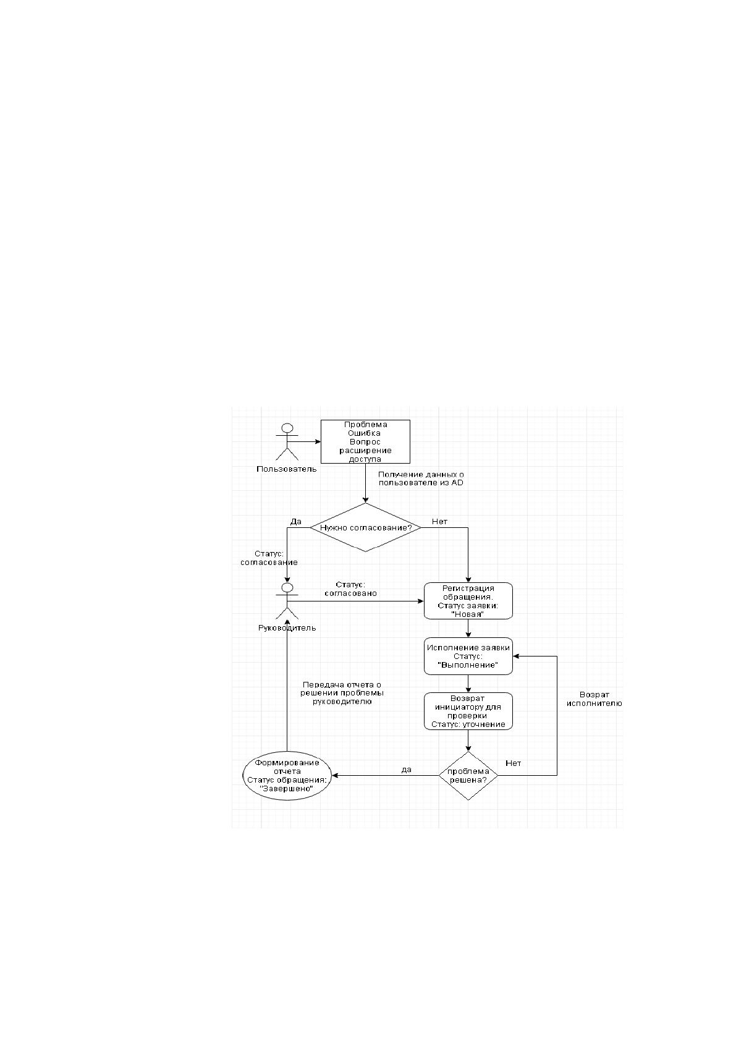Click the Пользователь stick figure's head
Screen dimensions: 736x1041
tap(287, 428)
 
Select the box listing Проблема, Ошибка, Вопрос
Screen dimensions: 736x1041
tap(365, 441)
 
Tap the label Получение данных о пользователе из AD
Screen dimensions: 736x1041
tap(421, 478)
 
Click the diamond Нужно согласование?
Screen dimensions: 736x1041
tap(366, 527)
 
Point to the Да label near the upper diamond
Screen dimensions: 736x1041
tap(295, 522)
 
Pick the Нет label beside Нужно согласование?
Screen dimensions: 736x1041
tap(439, 522)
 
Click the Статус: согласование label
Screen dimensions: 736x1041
tap(269, 558)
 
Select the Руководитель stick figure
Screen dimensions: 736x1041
tap(287, 601)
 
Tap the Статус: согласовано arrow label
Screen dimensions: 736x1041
tap(351, 589)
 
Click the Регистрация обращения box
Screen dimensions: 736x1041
tap(468, 601)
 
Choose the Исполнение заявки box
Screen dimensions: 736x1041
tap(468, 656)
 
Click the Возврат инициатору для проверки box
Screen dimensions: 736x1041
tap(468, 712)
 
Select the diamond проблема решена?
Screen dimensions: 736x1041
tap(468, 776)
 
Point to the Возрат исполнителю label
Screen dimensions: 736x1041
tap(594, 699)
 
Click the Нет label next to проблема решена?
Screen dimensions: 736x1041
tap(513, 763)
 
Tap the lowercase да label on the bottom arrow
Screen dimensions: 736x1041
tap(407, 770)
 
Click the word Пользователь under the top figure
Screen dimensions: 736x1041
tap(287, 469)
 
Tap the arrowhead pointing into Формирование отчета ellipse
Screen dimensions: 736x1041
tap(334, 776)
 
